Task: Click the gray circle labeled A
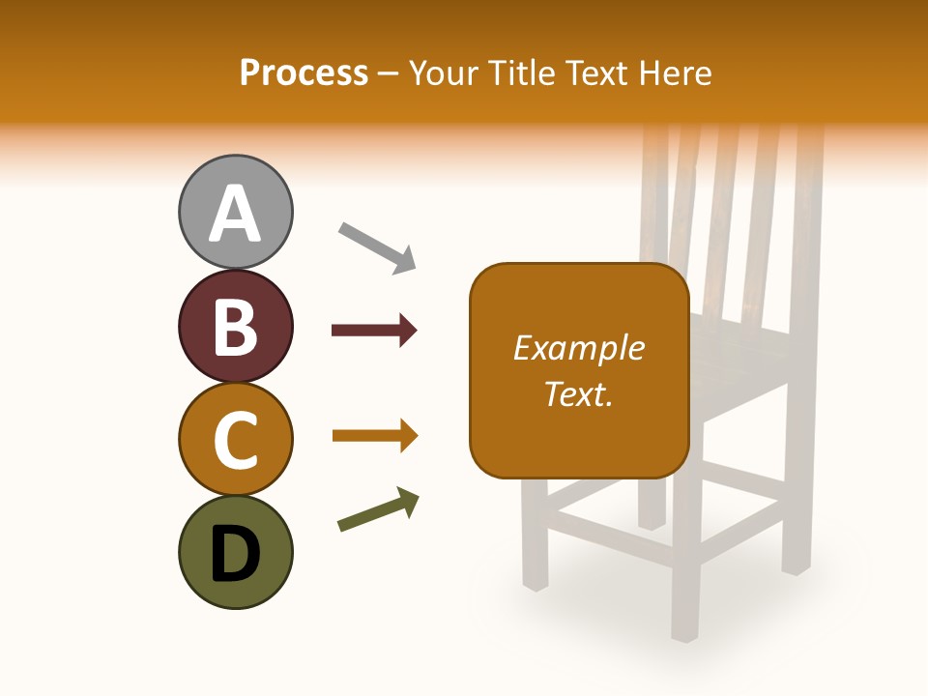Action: pyautogui.click(x=235, y=212)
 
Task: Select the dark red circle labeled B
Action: pyautogui.click(x=235, y=326)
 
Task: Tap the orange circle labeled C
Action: pyautogui.click(x=235, y=439)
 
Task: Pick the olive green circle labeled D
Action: pyautogui.click(x=235, y=552)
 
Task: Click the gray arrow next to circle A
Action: pyautogui.click(x=377, y=247)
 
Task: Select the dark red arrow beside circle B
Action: pyautogui.click(x=374, y=331)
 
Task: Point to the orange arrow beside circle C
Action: pyautogui.click(x=374, y=436)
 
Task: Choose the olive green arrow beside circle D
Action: pyautogui.click(x=378, y=509)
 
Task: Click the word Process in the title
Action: pyautogui.click(x=304, y=72)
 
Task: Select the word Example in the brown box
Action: pyautogui.click(x=579, y=348)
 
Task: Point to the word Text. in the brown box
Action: pyautogui.click(x=579, y=393)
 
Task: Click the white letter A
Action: pyautogui.click(x=235, y=215)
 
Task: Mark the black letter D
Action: pyautogui.click(x=235, y=554)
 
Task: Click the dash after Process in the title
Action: pyautogui.click(x=389, y=74)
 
